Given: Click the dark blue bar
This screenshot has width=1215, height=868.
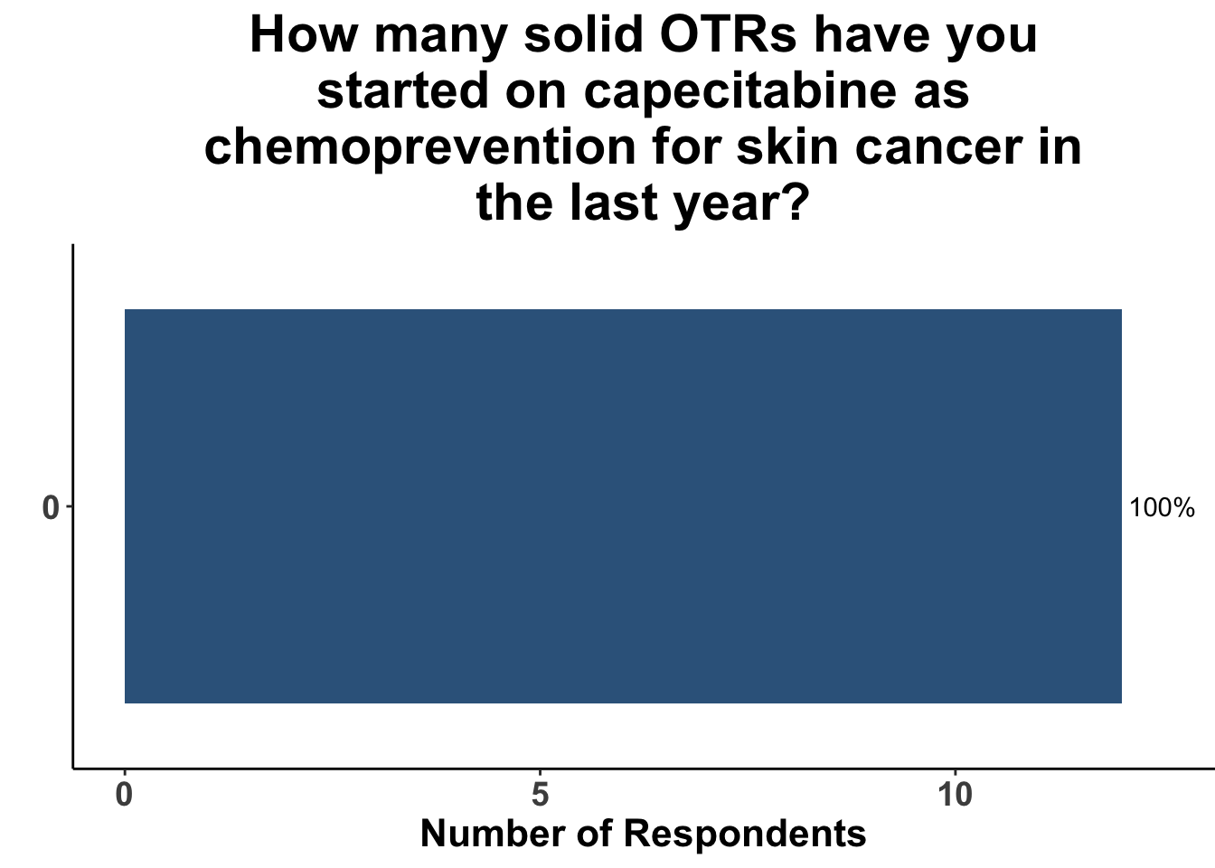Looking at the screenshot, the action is pos(623,506).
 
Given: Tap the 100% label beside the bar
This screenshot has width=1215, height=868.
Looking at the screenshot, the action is pos(1162,508).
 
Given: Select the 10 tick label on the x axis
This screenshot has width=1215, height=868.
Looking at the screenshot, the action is pos(956,796).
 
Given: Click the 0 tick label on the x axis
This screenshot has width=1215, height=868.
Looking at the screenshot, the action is pos(124,796).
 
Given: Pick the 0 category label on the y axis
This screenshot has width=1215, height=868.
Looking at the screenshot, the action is pos(51,508).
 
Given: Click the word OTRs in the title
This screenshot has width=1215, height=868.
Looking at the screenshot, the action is pos(728,35).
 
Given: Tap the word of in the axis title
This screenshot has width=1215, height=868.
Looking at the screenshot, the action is pos(595,833).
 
